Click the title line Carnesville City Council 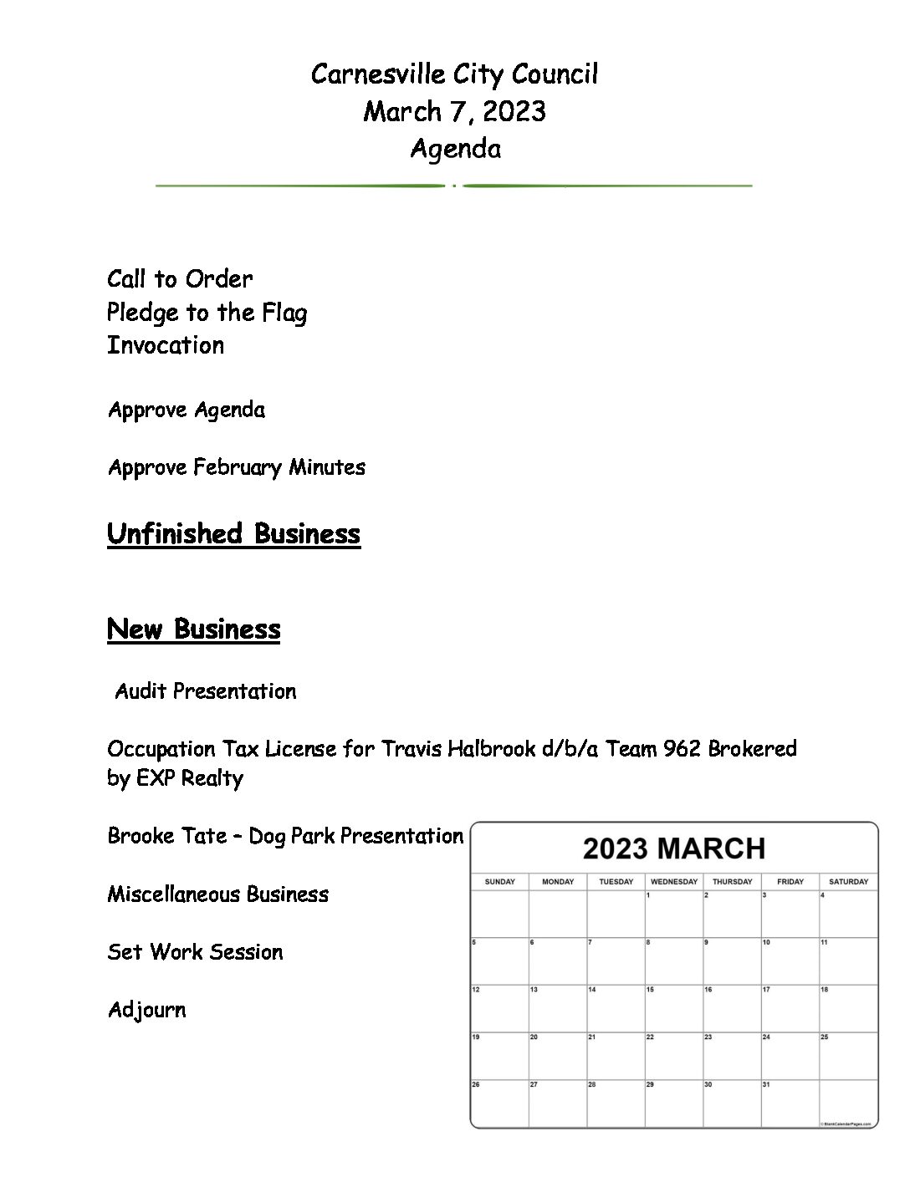click(454, 74)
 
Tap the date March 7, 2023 click(454, 111)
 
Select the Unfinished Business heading click(233, 533)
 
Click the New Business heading click(193, 629)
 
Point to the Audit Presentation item click(206, 691)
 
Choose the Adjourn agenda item click(146, 1010)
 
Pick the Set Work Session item click(195, 952)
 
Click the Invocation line click(166, 345)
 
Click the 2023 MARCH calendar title click(674, 848)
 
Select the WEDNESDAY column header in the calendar click(674, 881)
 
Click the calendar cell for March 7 click(616, 961)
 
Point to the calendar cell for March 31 click(790, 1103)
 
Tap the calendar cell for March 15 click(674, 1009)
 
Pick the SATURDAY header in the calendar click(848, 881)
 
